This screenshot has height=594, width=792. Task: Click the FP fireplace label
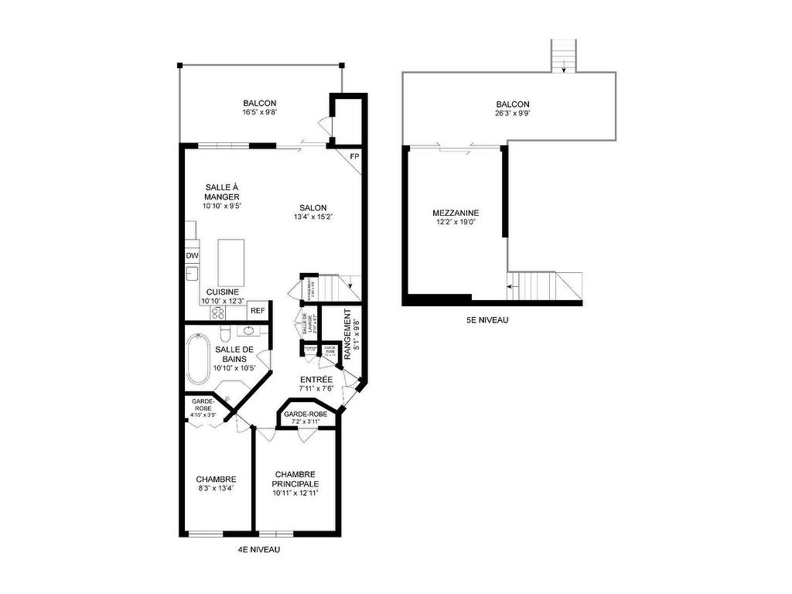coord(354,157)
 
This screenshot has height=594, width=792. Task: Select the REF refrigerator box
coord(258,311)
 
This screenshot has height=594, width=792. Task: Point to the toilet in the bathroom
coord(225,333)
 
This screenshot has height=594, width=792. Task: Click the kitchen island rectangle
coord(231,262)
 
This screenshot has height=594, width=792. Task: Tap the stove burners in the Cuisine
coord(217,313)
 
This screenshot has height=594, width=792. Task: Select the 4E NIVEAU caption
coord(258,550)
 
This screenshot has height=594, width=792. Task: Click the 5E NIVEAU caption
coord(487,319)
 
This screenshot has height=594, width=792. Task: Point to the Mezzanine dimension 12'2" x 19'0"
coord(456,223)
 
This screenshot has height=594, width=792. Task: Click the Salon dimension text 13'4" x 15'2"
coord(313,217)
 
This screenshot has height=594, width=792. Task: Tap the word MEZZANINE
coord(456,213)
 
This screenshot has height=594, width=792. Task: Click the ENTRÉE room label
coord(316,379)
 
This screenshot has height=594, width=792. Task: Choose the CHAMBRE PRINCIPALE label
coord(296,479)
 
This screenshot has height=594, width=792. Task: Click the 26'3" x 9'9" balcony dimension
coord(513,114)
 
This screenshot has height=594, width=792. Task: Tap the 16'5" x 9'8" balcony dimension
coord(259,112)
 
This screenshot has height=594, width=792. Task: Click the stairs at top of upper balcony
coord(564,55)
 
